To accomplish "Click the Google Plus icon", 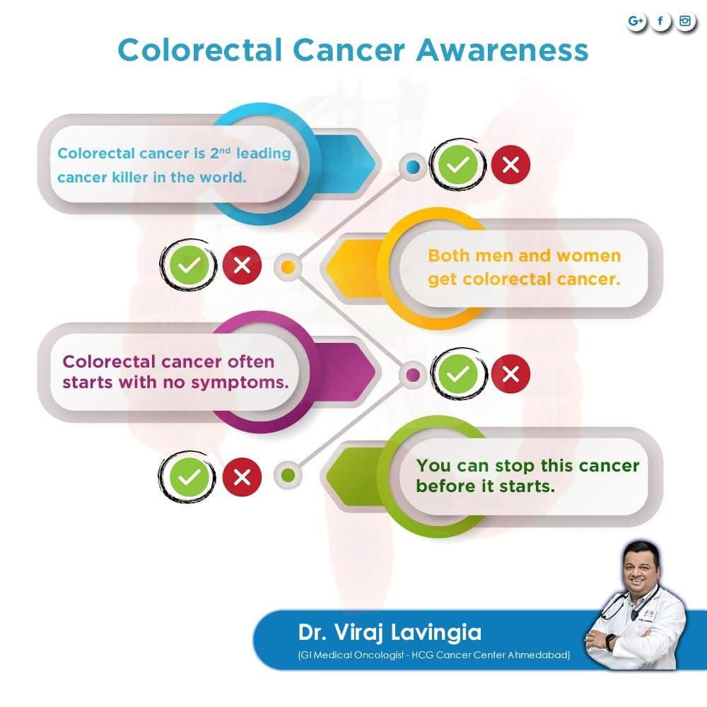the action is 636,21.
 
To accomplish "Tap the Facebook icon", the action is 660,21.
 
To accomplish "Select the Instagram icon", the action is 685,21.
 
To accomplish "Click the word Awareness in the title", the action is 502,49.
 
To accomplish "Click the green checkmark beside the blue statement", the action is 457,165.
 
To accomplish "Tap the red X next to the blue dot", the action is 510,165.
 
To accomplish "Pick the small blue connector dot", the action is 413,166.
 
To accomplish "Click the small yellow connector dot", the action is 288,267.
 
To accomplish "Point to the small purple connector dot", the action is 413,375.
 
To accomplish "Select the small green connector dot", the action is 288,475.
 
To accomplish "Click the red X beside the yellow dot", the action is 242,265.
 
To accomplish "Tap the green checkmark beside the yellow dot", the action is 189,265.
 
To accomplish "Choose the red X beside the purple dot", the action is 510,374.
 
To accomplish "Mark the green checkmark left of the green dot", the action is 189,477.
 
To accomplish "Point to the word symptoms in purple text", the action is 240,383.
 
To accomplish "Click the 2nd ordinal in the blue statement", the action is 220,153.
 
